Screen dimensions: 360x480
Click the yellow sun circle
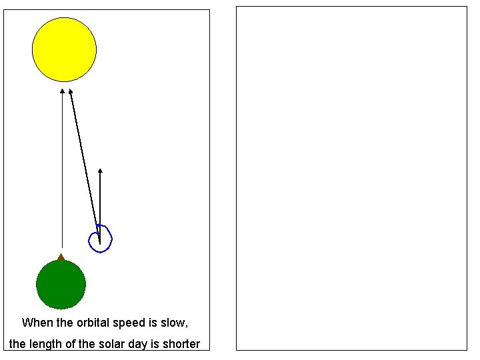tap(64, 49)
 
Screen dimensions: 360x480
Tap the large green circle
tap(61, 285)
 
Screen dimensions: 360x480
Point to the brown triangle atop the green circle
tap(61, 257)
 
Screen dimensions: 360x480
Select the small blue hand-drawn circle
tap(100, 239)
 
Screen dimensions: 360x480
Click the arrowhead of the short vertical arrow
tap(100, 171)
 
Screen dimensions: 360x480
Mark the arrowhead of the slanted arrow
tap(70, 92)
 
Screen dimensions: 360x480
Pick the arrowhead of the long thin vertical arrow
tap(62, 91)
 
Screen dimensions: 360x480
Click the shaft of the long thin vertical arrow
tap(62, 173)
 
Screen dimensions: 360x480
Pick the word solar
tap(111, 344)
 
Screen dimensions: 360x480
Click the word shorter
tap(180, 344)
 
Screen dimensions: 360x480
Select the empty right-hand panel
tap(351, 178)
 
